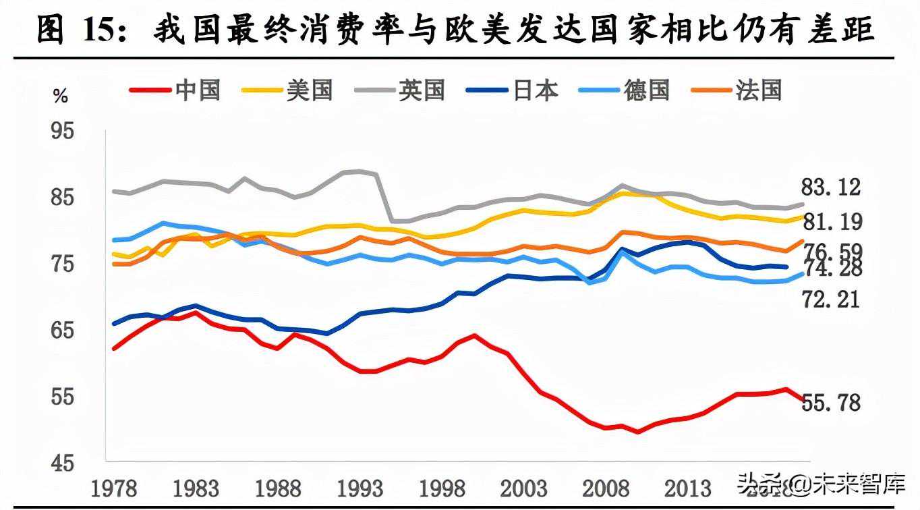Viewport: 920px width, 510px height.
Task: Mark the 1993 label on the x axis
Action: [x=358, y=488]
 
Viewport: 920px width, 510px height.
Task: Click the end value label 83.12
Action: [x=831, y=187]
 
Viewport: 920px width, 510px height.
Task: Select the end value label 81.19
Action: [x=831, y=221]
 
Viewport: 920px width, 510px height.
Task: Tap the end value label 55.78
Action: [x=831, y=403]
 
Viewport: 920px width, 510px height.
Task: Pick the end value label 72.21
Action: [x=831, y=298]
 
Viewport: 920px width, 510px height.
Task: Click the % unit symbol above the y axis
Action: [x=61, y=96]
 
